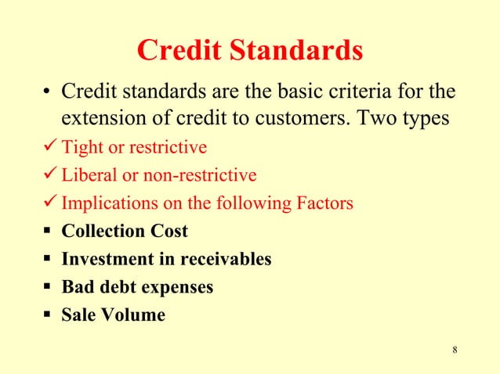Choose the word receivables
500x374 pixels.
tap(226, 259)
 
